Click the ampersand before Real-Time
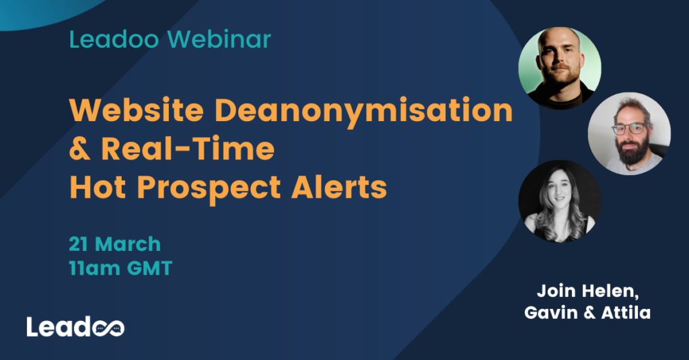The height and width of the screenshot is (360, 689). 79,149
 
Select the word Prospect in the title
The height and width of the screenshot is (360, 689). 216,188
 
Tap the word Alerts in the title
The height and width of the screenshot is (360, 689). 342,188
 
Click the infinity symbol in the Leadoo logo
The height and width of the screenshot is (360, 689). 108,327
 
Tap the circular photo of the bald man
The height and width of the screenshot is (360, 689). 559,67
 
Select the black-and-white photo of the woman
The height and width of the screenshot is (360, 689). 559,200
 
